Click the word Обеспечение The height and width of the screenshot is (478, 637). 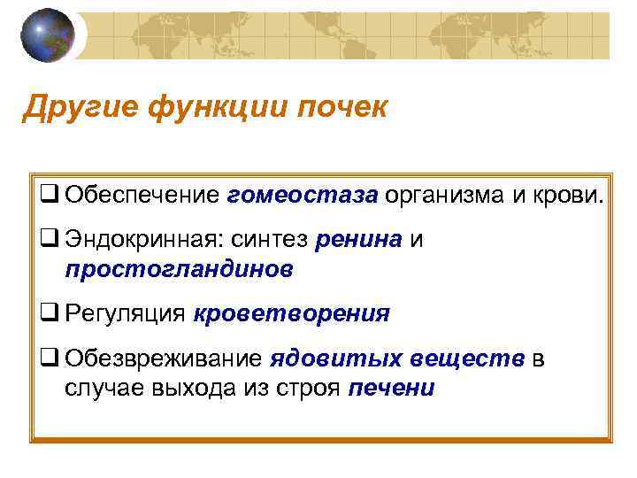(141, 195)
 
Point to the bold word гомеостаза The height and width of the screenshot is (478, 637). (302, 195)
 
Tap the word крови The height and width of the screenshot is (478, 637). (567, 195)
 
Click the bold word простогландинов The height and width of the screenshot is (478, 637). (178, 268)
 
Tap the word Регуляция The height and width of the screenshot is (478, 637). (125, 313)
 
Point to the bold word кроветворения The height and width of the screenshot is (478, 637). (291, 313)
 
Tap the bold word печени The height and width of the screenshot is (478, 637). (392, 388)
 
